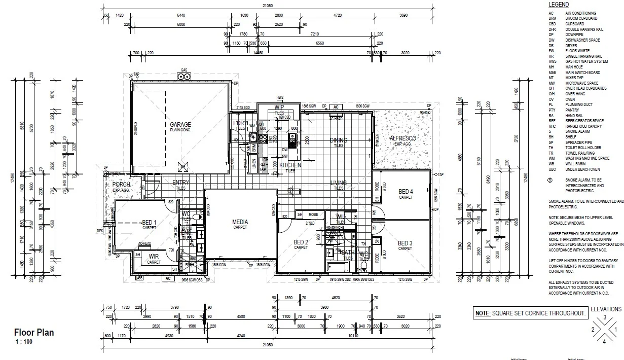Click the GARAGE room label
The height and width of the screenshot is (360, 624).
180,124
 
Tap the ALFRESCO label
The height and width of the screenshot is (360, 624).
402,138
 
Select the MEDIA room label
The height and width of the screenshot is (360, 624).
240,222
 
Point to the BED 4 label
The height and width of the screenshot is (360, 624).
406,192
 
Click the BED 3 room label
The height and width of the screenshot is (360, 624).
405,243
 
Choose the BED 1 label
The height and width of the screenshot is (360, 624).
149,223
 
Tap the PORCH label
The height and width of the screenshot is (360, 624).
121,185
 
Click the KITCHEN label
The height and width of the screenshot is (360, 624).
290,165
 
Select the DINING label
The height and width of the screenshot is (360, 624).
338,140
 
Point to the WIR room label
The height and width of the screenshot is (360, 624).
154,257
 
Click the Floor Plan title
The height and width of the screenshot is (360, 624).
33,333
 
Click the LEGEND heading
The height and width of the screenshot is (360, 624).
559,5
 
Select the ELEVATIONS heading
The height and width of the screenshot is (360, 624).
606,309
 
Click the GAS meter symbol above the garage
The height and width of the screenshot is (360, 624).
183,77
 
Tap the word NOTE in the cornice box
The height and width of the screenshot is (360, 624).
482,314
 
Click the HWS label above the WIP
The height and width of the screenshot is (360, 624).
279,97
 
